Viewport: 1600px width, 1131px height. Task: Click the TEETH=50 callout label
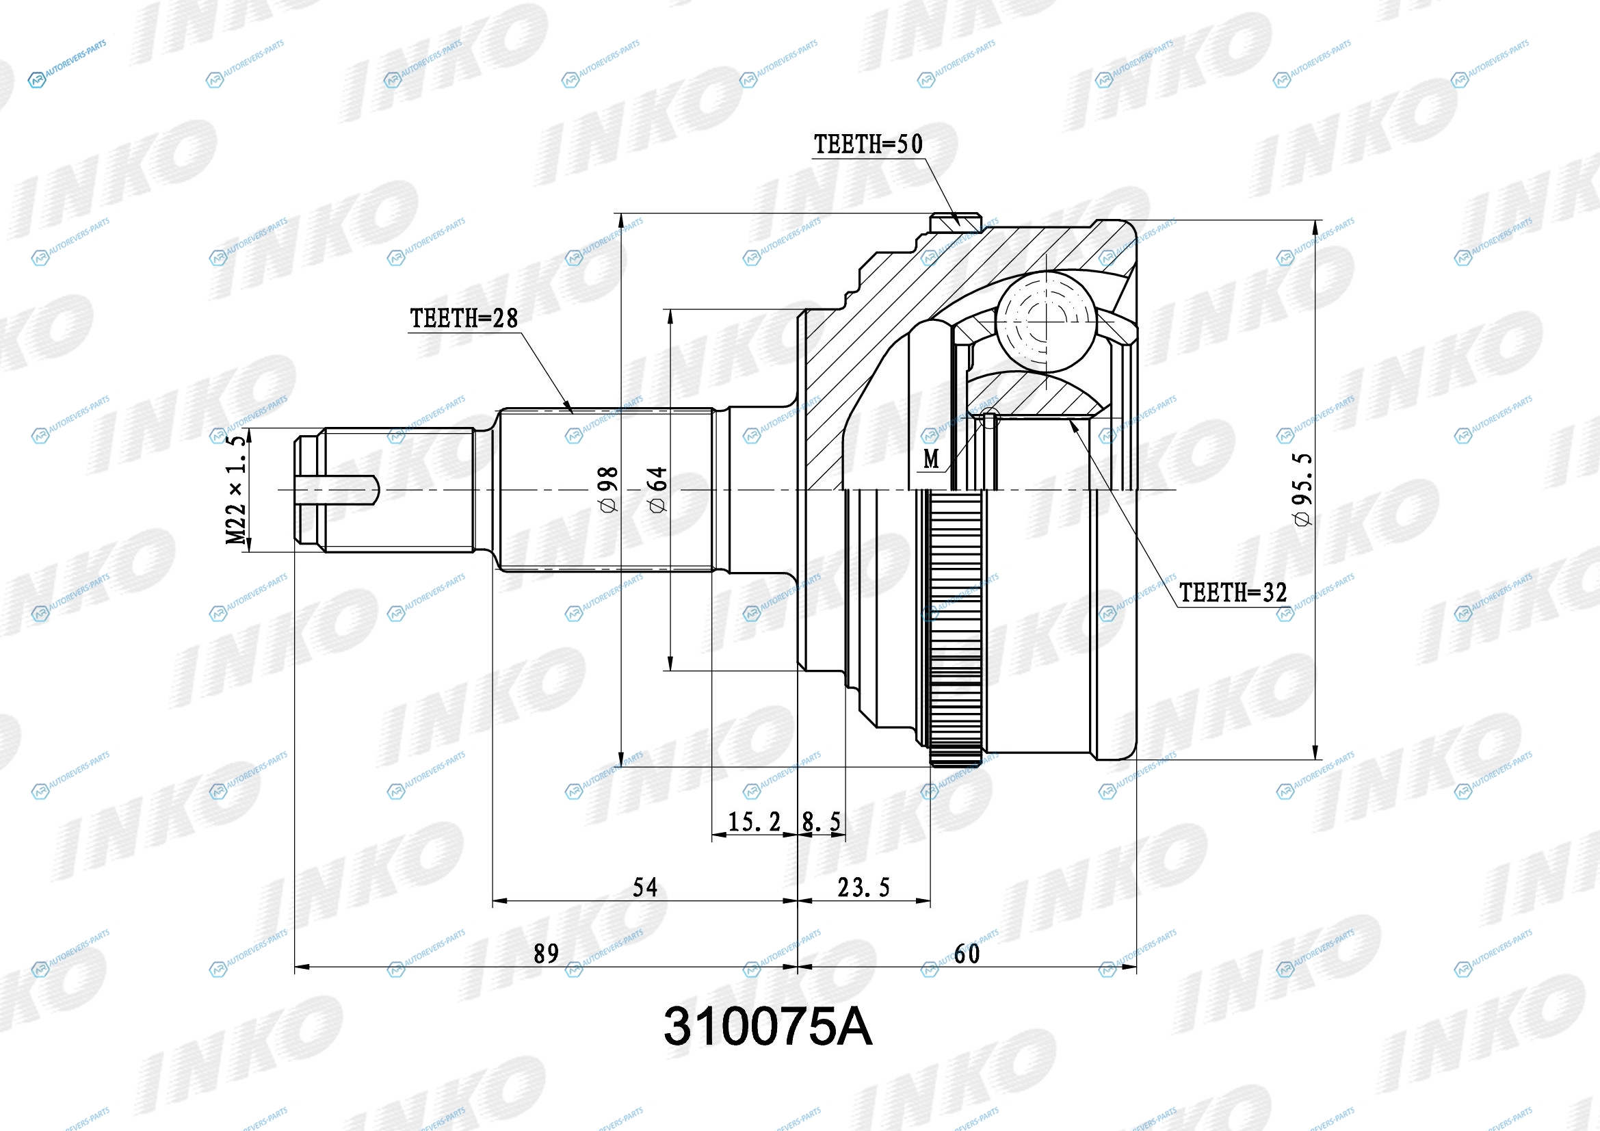tap(867, 144)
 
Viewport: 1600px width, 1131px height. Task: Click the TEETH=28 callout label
tap(463, 318)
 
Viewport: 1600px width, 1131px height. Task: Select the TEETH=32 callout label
tap(1233, 593)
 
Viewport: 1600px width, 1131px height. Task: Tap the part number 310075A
tap(768, 1026)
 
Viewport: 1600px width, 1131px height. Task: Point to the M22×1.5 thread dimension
tap(236, 489)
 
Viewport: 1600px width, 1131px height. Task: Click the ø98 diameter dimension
tap(607, 490)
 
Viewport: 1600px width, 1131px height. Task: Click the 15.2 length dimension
tap(754, 822)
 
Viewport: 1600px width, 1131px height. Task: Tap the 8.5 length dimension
tap(822, 822)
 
